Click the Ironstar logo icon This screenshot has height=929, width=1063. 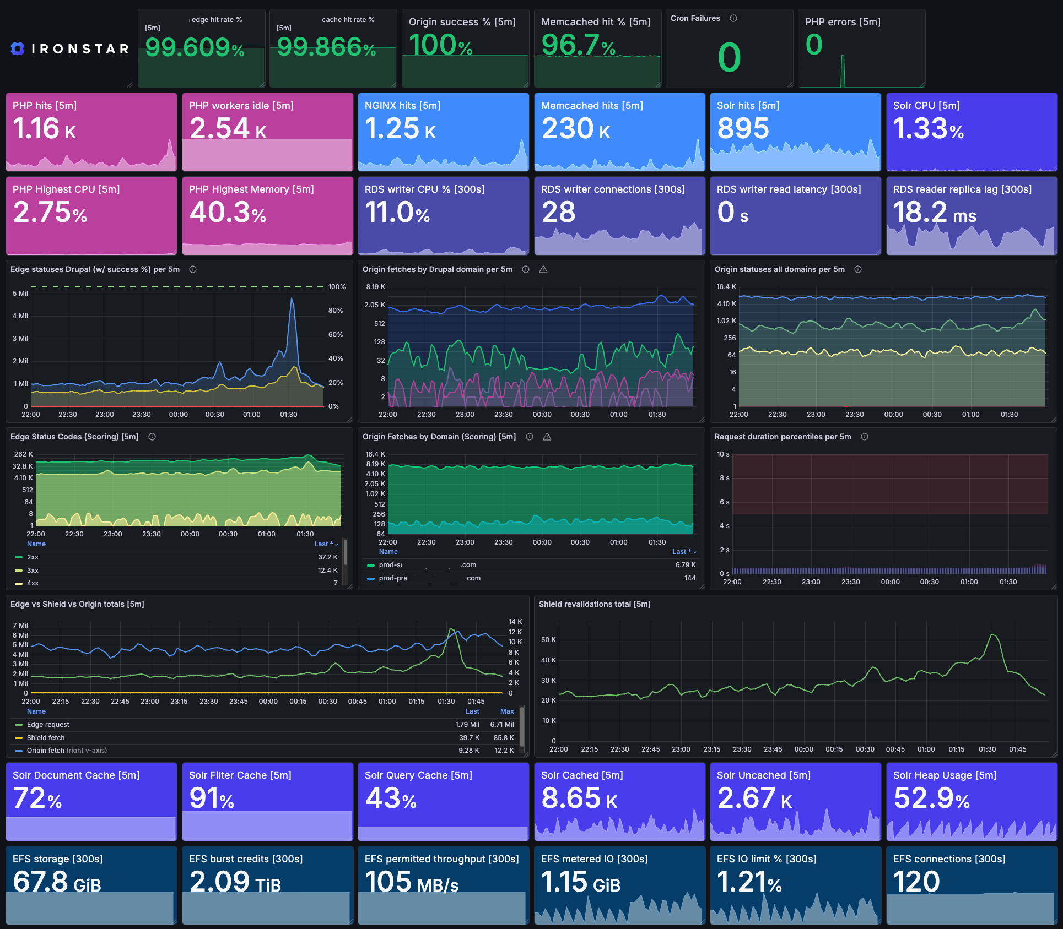tap(18, 48)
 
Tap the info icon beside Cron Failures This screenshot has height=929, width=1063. tap(733, 18)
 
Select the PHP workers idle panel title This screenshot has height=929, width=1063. tap(241, 106)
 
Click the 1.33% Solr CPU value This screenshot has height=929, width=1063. tap(928, 129)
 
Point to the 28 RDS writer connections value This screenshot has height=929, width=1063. tap(558, 213)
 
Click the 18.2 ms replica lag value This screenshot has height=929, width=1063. tap(934, 213)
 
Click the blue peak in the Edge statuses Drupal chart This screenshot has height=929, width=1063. tap(292, 299)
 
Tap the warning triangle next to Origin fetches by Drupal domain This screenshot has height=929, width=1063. tap(543, 269)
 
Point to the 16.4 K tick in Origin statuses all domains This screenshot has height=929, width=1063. tap(726, 287)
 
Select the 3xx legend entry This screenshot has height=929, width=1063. tap(33, 571)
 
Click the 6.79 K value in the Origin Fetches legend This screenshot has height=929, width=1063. tap(686, 565)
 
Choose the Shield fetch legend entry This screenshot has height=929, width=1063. tap(46, 738)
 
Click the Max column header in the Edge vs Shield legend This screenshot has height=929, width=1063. tap(507, 711)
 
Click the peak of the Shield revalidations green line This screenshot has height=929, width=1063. tap(992, 635)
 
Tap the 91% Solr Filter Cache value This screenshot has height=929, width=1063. tap(212, 798)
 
